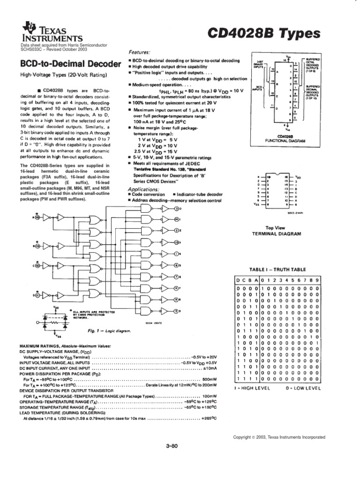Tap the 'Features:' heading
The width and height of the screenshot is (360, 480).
click(139, 53)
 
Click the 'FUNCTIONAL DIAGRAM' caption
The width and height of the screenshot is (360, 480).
click(285, 141)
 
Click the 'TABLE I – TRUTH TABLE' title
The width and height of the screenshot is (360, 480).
click(277, 270)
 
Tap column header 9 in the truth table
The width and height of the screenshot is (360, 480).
click(318, 280)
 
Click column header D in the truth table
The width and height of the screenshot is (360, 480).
click(238, 280)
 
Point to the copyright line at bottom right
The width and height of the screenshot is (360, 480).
click(279, 437)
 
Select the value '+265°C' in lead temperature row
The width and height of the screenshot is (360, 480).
click(207, 418)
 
